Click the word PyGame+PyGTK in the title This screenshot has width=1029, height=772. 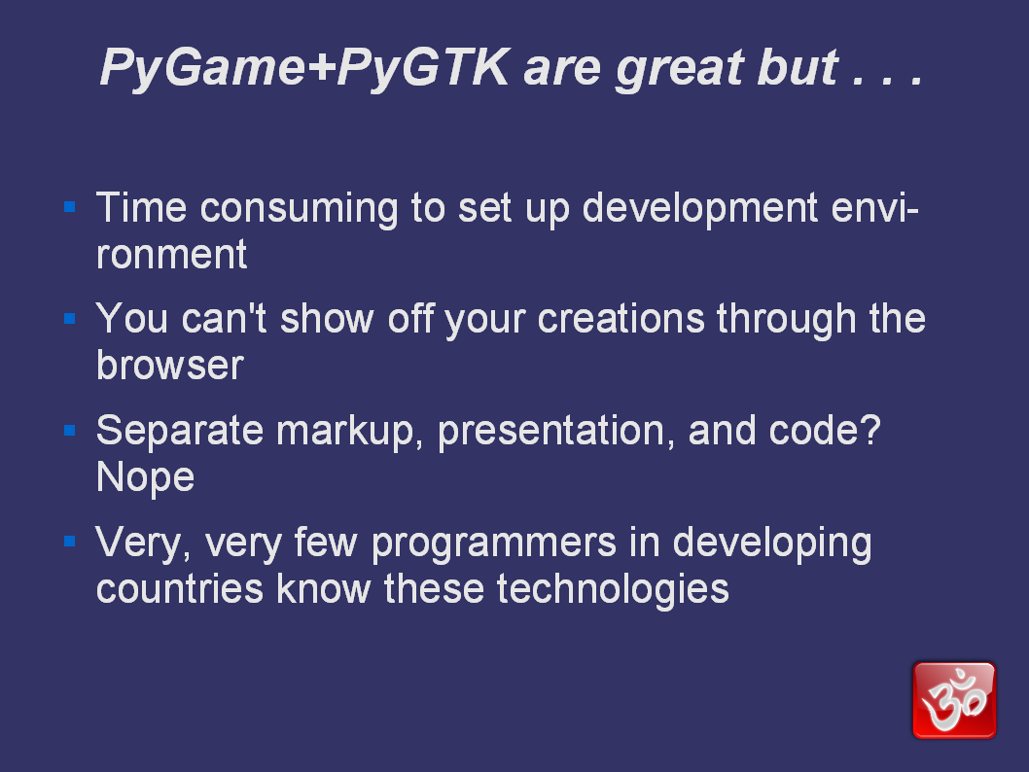[304, 68]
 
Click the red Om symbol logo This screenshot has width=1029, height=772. [954, 700]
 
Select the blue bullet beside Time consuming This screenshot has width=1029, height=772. [70, 207]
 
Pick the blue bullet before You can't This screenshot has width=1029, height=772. [70, 319]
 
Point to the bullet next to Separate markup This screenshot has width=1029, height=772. [70, 431]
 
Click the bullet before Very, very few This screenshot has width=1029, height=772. [70, 542]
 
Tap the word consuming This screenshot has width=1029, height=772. [299, 210]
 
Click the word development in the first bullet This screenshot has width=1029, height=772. [700, 209]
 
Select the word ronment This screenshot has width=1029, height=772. [171, 255]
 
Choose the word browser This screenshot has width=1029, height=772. [170, 365]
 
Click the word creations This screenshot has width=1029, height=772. [621, 320]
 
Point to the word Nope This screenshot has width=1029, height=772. [145, 477]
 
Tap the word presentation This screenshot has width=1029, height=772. [556, 433]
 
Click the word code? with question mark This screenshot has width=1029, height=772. [825, 431]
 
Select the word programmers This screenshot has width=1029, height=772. [494, 544]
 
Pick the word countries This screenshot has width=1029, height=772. [180, 589]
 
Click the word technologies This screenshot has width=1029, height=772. [613, 590]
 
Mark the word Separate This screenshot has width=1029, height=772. [180, 433]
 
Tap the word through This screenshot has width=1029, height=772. [786, 320]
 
